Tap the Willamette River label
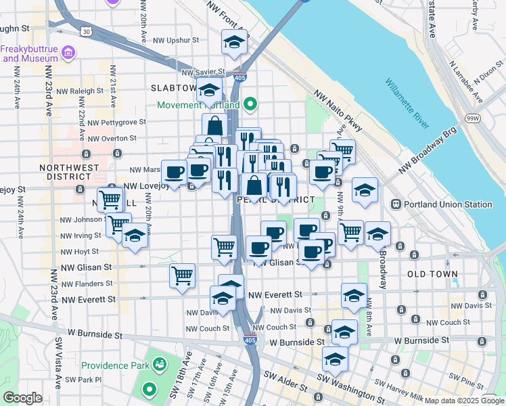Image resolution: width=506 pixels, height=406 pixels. click(407, 103)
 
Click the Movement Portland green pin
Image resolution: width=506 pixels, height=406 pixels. click(250, 104)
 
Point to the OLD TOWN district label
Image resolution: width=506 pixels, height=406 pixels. click(433, 275)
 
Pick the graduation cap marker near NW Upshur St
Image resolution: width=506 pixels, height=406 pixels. click(234, 43)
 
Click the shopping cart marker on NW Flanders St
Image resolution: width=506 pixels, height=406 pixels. click(182, 275)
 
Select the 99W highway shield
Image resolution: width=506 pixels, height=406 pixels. click(472, 119)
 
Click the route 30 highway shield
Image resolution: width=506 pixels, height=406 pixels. click(85, 31)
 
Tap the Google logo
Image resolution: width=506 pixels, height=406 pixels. click(22, 398)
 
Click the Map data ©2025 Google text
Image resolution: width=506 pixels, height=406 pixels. click(464, 401)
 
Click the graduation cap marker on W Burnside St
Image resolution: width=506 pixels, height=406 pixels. click(344, 332)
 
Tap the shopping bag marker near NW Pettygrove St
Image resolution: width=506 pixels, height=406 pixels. click(214, 125)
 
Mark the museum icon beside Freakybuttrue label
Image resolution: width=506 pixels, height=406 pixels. click(68, 52)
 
